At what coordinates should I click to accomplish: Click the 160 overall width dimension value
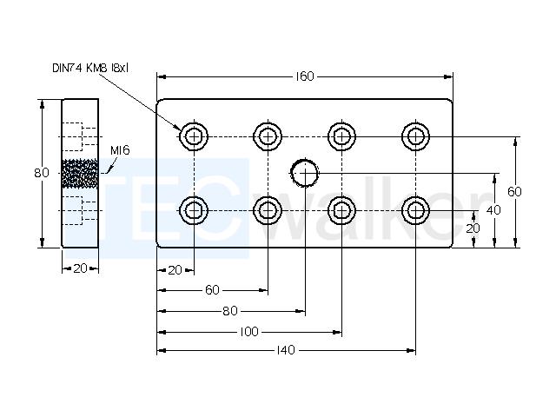point(305,76)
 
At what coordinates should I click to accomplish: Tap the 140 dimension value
point(286,350)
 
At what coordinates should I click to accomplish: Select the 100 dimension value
point(249,332)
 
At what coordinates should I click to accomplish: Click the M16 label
point(120,150)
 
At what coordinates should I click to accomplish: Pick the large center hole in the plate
point(305,173)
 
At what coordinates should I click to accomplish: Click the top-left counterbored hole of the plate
point(194,136)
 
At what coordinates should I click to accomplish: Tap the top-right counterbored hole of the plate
point(415,136)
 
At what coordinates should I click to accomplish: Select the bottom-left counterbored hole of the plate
point(194,210)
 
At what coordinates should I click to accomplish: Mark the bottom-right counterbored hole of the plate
point(415,210)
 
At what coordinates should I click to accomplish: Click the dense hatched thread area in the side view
point(80,174)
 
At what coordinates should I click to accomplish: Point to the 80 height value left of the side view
point(42,173)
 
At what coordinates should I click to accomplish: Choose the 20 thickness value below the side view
point(81,268)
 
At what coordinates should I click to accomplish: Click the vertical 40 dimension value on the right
point(493,210)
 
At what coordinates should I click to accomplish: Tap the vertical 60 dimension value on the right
point(514,192)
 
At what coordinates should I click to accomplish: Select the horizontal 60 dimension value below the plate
point(212,290)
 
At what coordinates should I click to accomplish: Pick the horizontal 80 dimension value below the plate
point(230,311)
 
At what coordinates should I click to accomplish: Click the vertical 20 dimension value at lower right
point(473,228)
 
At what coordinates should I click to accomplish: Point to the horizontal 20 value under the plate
point(175,270)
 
